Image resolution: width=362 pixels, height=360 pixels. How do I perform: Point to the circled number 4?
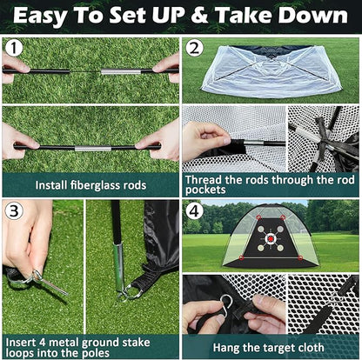coord(194,210)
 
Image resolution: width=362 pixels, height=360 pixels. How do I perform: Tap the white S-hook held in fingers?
coord(222,300)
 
